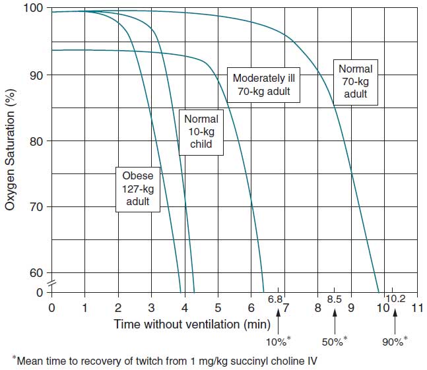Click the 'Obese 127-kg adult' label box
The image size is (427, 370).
[138, 189]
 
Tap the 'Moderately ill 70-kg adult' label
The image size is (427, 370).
[263, 84]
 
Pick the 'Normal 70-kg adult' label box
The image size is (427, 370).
[355, 81]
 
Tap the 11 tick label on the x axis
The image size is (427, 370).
[416, 307]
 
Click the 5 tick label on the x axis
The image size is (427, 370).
[218, 307]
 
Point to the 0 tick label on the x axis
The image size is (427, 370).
[51, 307]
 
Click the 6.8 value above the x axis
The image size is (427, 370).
[275, 299]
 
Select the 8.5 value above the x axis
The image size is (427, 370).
[335, 299]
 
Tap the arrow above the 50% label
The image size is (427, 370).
[335, 323]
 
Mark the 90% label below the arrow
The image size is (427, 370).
[395, 341]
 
